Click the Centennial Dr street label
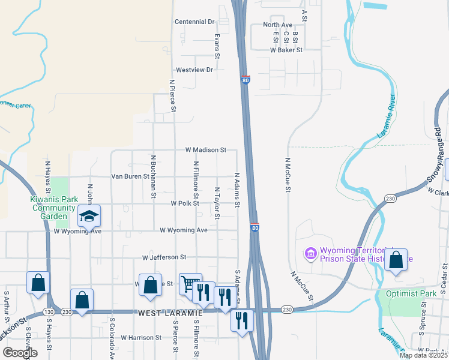click(x=194, y=22)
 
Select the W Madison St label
click(x=205, y=149)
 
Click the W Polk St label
click(x=185, y=203)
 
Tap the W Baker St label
click(x=286, y=50)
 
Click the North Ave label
click(x=277, y=25)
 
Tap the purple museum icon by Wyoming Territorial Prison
click(x=310, y=254)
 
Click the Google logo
click(x=20, y=353)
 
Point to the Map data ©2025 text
click(x=423, y=355)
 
